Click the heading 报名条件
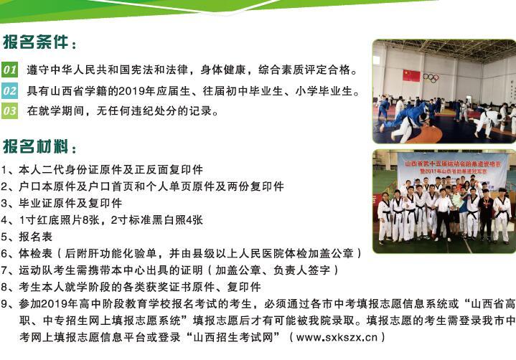point(35,42)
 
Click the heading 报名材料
point(35,146)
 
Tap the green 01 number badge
point(9,70)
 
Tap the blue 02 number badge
point(9,91)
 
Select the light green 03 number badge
point(9,110)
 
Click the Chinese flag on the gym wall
point(411,75)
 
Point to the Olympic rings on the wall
point(431,77)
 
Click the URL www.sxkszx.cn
point(337,337)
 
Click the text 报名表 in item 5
point(36,237)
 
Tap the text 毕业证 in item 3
point(36,203)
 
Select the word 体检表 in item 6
point(36,253)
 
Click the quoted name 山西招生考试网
point(233,337)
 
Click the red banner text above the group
point(453,167)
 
